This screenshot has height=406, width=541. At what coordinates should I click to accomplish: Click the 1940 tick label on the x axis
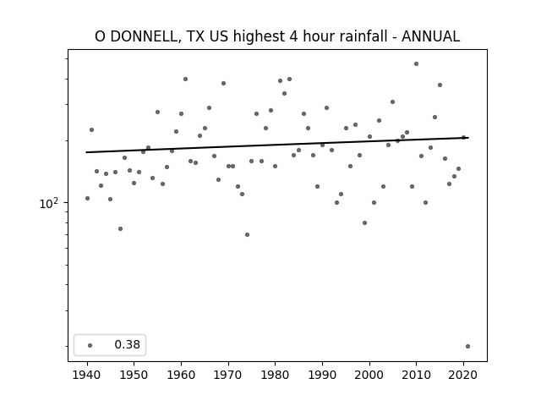point(87,375)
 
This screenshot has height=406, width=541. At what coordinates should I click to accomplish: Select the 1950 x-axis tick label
point(134,375)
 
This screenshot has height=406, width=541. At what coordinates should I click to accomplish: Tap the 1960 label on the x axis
point(181,375)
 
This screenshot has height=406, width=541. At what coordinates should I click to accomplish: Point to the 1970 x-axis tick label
point(228,375)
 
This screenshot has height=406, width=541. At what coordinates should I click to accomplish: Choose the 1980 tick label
point(275,375)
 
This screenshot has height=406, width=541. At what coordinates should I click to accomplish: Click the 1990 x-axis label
point(322,375)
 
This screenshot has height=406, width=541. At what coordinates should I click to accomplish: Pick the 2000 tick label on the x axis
point(369,375)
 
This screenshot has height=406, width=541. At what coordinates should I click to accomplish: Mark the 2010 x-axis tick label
point(417,375)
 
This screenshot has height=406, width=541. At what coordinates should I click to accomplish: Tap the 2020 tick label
point(463,375)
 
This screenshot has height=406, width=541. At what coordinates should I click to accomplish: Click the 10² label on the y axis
point(49,203)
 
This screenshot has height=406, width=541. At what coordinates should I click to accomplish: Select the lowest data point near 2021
point(467,346)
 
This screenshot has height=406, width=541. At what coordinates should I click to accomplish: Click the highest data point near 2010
point(417,64)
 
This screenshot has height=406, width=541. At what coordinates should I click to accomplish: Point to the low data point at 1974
point(247,235)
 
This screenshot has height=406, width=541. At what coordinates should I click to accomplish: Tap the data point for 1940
point(87,198)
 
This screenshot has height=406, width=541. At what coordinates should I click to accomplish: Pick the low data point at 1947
point(120,228)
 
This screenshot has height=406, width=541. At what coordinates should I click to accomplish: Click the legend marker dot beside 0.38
point(90,345)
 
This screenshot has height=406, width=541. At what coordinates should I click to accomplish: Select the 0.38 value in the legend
point(128,344)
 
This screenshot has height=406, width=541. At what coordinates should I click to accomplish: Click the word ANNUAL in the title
point(430,36)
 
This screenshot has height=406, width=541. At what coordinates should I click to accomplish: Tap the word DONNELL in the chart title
point(144,36)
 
